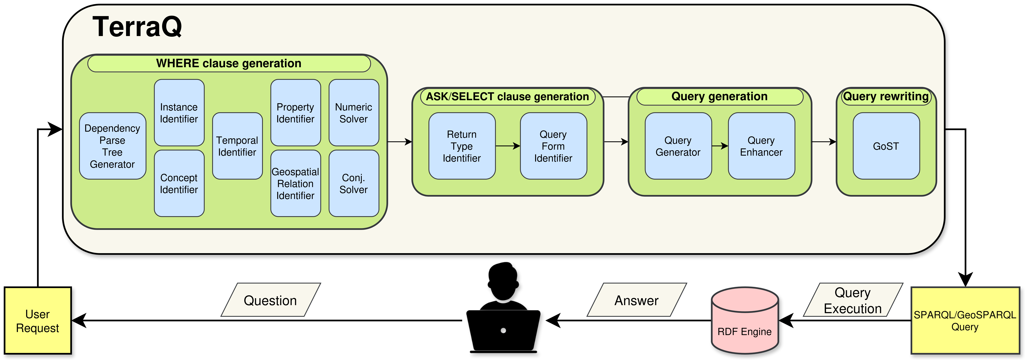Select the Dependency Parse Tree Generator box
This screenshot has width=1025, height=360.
pyautogui.click(x=113, y=146)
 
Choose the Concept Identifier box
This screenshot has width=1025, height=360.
pyautogui.click(x=179, y=183)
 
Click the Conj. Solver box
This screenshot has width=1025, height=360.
pyautogui.click(x=354, y=183)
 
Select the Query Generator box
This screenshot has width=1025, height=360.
pyautogui.click(x=678, y=146)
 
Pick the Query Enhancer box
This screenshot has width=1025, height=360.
pyautogui.click(x=761, y=146)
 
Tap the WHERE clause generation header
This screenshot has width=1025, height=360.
pyautogui.click(x=229, y=63)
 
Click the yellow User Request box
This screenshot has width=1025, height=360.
pyautogui.click(x=38, y=321)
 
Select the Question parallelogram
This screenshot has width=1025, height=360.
pyautogui.click(x=271, y=300)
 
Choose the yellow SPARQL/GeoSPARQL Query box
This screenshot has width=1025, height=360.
pyautogui.click(x=965, y=321)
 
